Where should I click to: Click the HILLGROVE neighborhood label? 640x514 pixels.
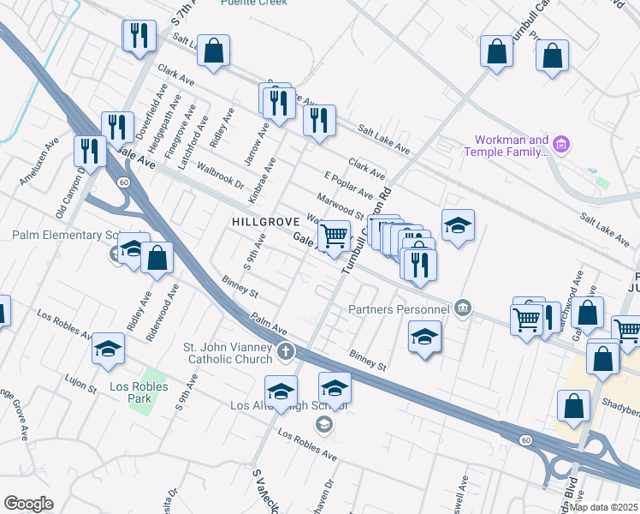pyautogui.click(x=265, y=222)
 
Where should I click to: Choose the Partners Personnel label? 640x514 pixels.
pyautogui.click(x=399, y=308)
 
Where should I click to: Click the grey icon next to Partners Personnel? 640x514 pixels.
pyautogui.click(x=463, y=308)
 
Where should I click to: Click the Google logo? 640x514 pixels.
pyautogui.click(x=28, y=504)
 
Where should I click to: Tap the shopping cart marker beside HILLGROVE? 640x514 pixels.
pyautogui.click(x=335, y=235)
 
